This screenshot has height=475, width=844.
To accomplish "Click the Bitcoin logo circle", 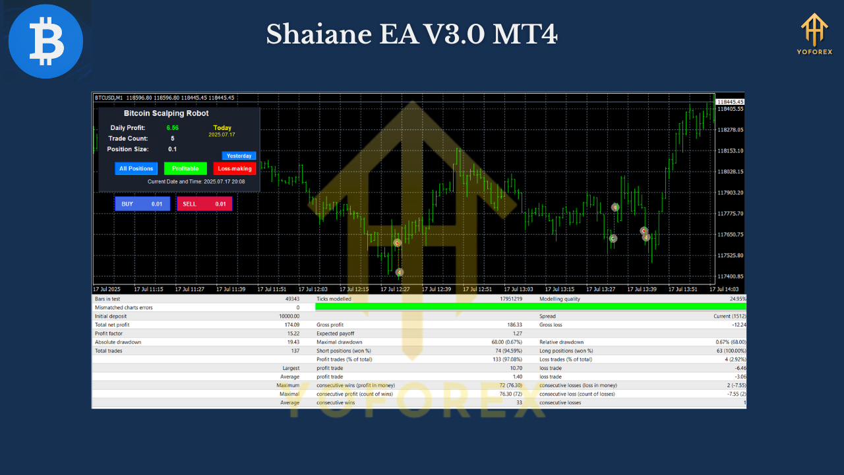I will coord(45,41).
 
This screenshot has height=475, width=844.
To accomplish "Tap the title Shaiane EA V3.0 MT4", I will coord(411,34).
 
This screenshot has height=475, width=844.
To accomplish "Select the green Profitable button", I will coord(185,168).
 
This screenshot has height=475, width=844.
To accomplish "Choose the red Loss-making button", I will coord(235,168).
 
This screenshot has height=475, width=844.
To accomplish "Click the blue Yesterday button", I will coord(239,156).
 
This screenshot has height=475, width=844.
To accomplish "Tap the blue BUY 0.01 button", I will coord(142,204).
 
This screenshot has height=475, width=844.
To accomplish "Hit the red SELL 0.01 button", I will coord(204,204).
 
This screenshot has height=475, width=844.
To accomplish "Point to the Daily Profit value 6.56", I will coord(173,128).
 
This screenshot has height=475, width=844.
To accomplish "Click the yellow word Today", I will coord(222,128).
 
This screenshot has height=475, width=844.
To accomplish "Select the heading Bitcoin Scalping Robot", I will coord(166,113).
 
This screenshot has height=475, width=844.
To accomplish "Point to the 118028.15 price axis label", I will coord(730,172).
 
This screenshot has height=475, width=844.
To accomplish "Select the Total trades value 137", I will coord(294,350).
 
